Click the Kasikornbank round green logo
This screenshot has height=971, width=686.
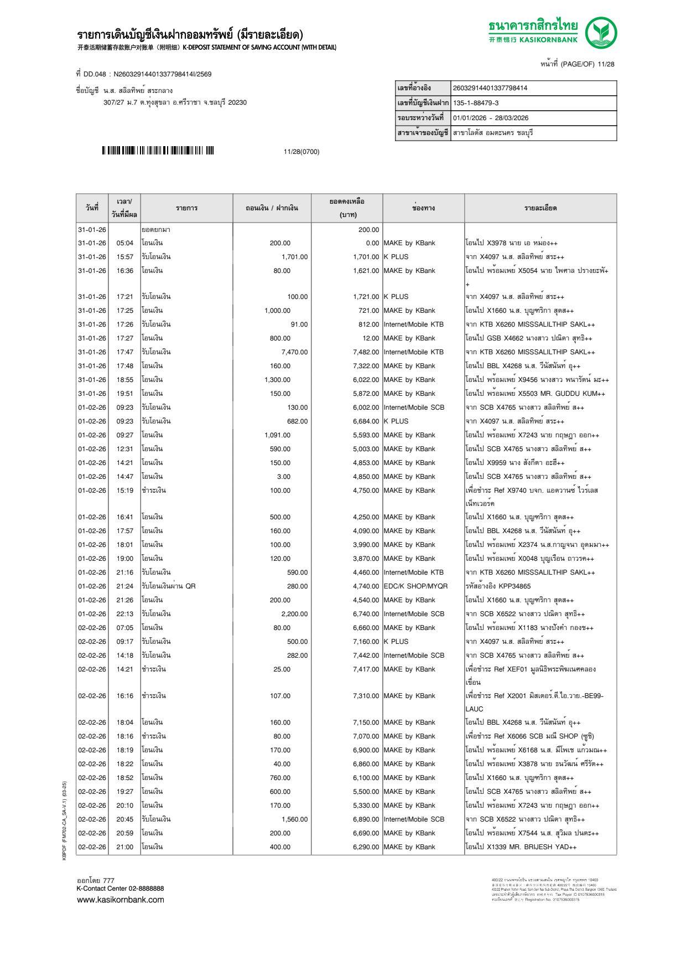coord(601,32)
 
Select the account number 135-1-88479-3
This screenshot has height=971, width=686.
coord(476,103)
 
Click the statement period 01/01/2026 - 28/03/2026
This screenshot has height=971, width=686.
coord(491,118)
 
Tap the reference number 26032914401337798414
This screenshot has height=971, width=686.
coord(490,88)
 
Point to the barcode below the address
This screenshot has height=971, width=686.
coord(158,151)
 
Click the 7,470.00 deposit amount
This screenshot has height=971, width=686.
coord(294,352)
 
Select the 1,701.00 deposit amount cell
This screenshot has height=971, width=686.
coord(294,257)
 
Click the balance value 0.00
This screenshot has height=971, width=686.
coord(372,243)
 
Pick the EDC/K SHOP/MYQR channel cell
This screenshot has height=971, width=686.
coord(415,586)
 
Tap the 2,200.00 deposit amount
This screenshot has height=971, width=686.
coord(294,614)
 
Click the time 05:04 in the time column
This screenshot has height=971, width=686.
coord(124,243)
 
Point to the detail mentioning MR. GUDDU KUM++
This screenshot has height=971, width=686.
coord(535,394)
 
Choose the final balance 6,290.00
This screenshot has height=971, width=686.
coord(366,847)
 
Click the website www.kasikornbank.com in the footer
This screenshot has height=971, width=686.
coord(121,900)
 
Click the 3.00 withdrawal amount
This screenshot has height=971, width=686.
coord(283,477)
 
